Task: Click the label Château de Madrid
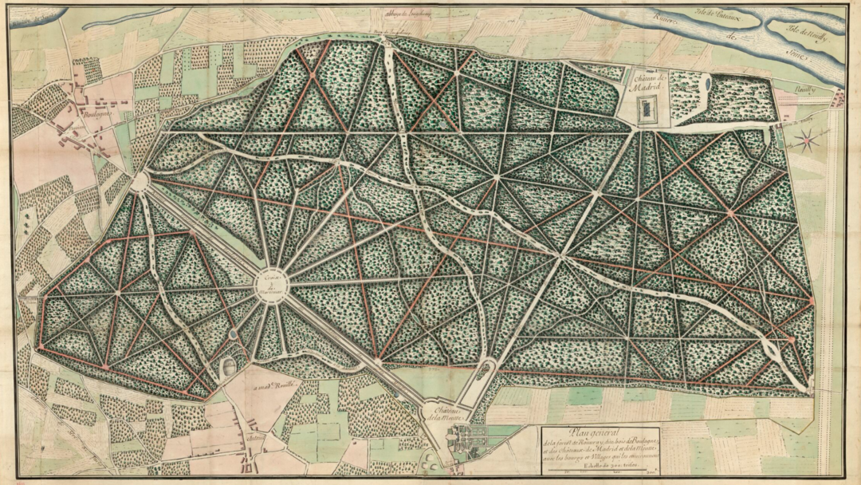[650, 83]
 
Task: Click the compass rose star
[807, 142]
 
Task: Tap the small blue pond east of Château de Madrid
[706, 81]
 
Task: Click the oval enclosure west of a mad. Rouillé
[228, 368]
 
